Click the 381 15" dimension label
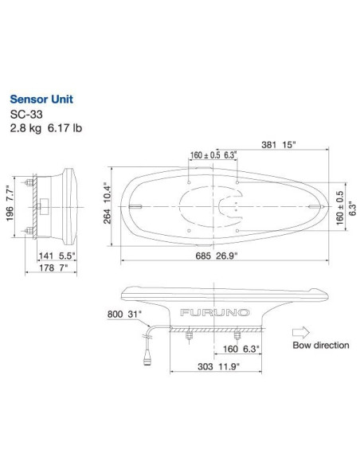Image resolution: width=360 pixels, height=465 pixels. [277, 145]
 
